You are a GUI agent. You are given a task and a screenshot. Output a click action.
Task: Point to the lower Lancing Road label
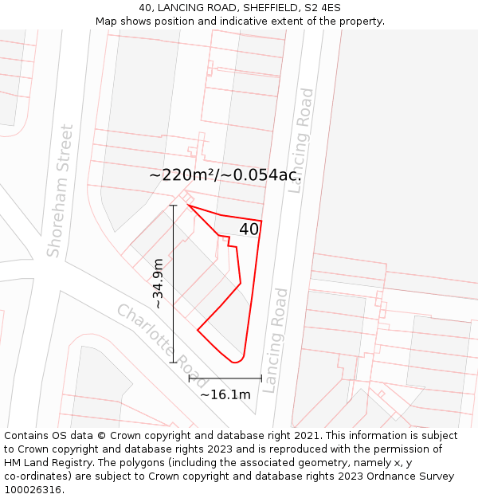click(274, 340)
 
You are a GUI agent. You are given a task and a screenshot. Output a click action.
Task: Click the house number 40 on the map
click(249, 229)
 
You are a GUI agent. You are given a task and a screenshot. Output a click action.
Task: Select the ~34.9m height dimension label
click(159, 283)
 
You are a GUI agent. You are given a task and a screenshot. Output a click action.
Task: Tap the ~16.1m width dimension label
click(225, 394)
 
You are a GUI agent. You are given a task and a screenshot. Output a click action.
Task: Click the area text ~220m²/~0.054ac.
click(229, 175)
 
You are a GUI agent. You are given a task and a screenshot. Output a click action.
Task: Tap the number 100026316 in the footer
click(33, 490)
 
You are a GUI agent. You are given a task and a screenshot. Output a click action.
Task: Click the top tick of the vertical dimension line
click(173, 206)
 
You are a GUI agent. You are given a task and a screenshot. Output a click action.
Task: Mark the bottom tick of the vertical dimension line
click(173, 363)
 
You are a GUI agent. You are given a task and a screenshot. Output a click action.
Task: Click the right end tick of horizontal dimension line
click(261, 378)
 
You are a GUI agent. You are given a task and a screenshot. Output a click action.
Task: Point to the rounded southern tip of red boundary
click(236, 362)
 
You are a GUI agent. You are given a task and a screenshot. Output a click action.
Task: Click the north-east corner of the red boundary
click(261, 221)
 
